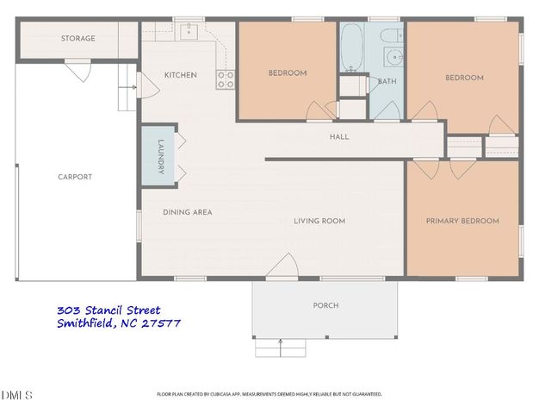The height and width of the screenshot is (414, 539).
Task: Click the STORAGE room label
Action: point(77,39)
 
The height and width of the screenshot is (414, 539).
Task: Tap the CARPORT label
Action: point(75,177)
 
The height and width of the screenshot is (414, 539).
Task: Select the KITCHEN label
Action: point(181,75)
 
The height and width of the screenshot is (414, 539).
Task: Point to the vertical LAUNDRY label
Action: point(160,157)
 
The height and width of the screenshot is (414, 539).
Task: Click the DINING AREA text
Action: point(188,212)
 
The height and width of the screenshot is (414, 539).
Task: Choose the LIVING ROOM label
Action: point(319,221)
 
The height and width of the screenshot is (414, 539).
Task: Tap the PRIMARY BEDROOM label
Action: point(462,221)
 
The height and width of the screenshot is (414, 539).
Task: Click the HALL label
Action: point(339,137)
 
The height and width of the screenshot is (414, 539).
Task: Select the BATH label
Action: point(386,82)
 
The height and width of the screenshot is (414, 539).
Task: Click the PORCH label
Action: point(325,305)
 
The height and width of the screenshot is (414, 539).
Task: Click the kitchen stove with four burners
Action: point(226,80)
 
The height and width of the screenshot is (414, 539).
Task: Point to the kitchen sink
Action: point(190,33)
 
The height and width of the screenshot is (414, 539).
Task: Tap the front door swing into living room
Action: point(281,269)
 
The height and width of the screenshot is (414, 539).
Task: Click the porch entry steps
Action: point(281,348)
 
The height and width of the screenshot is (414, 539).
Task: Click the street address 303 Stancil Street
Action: point(108,310)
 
